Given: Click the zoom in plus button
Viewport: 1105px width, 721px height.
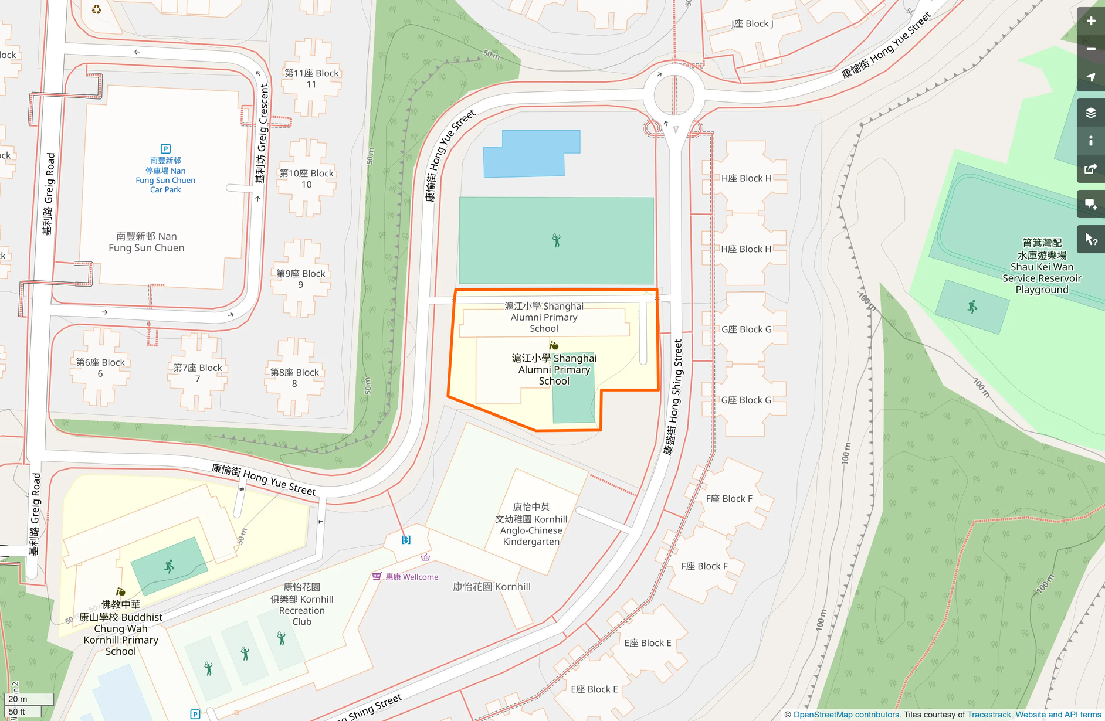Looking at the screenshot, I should [x=1090, y=21].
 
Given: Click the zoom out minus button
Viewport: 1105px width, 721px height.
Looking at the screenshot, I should [x=1090, y=49].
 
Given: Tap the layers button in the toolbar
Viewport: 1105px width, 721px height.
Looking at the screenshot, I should [x=1090, y=113].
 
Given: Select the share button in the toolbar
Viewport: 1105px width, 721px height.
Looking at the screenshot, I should [x=1090, y=169].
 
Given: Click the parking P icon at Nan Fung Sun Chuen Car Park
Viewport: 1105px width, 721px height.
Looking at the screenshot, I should [x=165, y=149].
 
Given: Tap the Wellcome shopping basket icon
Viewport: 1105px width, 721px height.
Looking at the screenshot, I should [x=377, y=577].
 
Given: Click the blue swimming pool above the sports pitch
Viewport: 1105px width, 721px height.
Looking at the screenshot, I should [x=531, y=154].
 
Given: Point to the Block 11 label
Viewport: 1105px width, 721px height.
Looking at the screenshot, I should [x=311, y=79].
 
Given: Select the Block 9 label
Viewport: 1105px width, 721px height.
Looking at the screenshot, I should [x=301, y=279].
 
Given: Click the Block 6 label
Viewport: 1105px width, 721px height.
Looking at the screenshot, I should [x=100, y=368].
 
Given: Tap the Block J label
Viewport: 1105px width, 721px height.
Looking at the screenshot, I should [x=752, y=23].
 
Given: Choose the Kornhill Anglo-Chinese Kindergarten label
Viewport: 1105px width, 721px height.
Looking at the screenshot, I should [x=531, y=524].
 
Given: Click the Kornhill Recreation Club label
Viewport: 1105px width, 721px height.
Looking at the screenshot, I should [x=302, y=604].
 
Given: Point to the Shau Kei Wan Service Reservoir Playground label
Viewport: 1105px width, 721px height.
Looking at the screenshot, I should [x=1042, y=266].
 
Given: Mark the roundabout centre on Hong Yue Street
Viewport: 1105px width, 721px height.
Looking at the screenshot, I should [x=674, y=94].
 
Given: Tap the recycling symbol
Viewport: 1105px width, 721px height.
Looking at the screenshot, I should [x=97, y=9].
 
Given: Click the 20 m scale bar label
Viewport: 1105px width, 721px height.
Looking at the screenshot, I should [x=18, y=699].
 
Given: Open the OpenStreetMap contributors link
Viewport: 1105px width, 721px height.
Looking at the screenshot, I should [x=846, y=715].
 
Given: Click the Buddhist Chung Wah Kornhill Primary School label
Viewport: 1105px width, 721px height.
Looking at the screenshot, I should [x=121, y=628].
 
